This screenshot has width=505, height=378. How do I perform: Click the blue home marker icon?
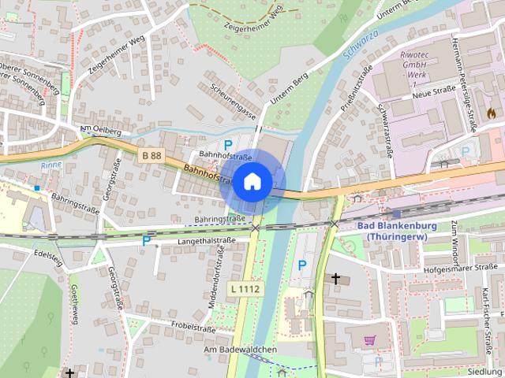[252, 181]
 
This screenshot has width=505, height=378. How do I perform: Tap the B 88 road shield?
[152, 156]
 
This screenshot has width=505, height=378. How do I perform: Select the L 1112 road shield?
[245, 289]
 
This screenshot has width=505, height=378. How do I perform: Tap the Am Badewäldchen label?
[240, 350]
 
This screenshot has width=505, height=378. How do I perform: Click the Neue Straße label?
[431, 94]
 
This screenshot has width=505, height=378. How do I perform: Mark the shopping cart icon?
[370, 340]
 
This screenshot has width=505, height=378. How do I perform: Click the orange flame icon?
[492, 113]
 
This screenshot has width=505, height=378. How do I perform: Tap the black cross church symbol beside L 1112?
[336, 279]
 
